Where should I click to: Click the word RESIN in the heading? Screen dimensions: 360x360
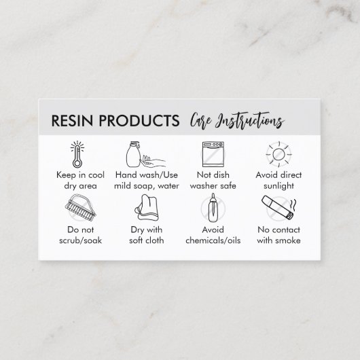[72, 120]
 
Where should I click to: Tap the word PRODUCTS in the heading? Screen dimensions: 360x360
[139, 120]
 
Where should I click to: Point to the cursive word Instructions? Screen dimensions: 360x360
[250, 121]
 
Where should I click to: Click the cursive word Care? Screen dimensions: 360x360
[200, 121]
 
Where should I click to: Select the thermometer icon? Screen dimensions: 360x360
[77, 154]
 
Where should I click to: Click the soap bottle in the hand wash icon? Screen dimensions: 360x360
[133, 154]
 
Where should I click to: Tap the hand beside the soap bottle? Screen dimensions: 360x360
[153, 161]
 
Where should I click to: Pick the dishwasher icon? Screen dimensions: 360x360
[213, 154]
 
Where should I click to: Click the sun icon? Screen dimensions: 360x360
[278, 154]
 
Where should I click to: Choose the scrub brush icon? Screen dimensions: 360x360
[81, 208]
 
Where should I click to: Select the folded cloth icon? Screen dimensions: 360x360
[147, 208]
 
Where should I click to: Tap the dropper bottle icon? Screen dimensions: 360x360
[213, 208]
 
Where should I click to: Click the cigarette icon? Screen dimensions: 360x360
[277, 208]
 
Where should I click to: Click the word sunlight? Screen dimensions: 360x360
[278, 186]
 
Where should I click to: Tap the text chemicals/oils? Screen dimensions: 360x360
[213, 240]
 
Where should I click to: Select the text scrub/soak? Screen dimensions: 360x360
[81, 240]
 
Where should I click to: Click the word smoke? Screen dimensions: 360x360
[288, 240]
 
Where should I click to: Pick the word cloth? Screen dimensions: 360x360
[154, 240]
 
